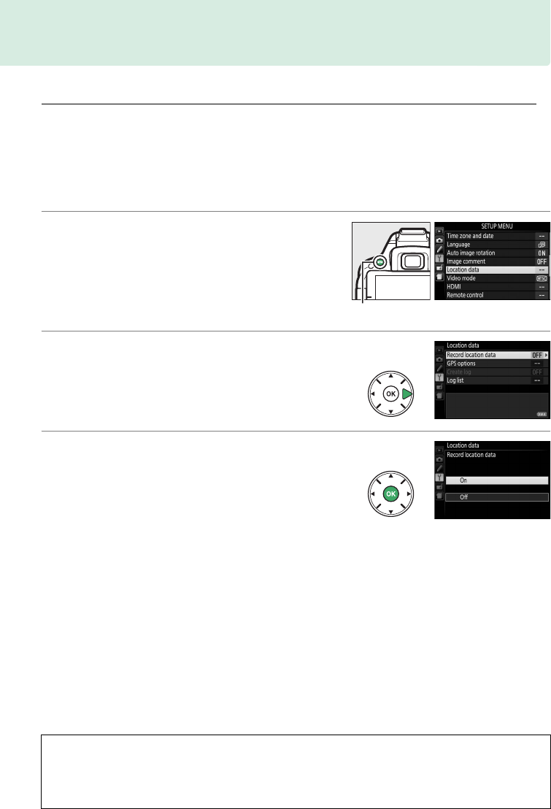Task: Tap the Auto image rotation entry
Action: pos(475,253)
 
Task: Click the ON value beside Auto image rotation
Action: pos(541,253)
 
